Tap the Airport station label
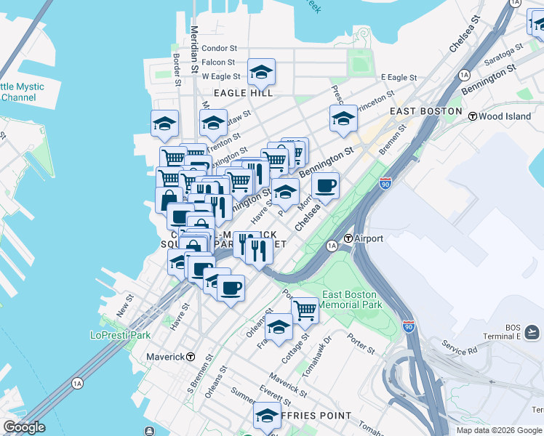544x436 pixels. [x=368, y=238]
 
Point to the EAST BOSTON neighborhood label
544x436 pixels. [x=425, y=111]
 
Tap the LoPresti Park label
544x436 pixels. [x=120, y=335]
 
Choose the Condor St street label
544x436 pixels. [x=220, y=48]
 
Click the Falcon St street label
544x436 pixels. [x=219, y=62]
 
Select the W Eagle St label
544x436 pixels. [x=220, y=76]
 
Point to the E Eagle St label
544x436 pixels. [x=399, y=78]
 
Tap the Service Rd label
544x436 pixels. [x=458, y=350]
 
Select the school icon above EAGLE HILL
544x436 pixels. [x=261, y=72]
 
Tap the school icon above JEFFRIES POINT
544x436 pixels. [x=267, y=416]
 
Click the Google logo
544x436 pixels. [x=24, y=427]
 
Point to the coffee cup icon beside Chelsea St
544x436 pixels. [x=326, y=186]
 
